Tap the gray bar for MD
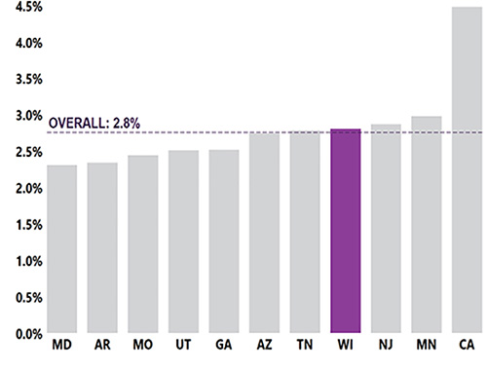(x=61, y=249)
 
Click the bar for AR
(x=102, y=248)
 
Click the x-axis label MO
(x=143, y=347)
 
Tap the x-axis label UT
(x=183, y=347)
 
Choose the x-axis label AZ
(x=265, y=347)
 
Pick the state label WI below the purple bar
(x=346, y=347)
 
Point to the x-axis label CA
(x=468, y=347)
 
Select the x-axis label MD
(x=61, y=347)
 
